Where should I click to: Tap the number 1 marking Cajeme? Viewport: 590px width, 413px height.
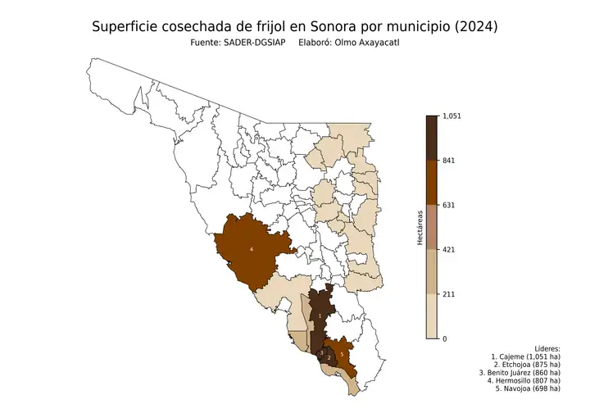pyautogui.click(x=320, y=315)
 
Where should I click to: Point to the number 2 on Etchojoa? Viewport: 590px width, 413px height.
pyautogui.click(x=329, y=357)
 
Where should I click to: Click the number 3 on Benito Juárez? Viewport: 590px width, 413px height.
pyautogui.click(x=321, y=352)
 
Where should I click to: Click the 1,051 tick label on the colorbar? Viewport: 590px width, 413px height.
pyautogui.click(x=452, y=116)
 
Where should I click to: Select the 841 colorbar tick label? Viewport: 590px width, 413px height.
pyautogui.click(x=448, y=161)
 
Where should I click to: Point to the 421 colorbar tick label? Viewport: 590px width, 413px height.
pyautogui.click(x=448, y=249)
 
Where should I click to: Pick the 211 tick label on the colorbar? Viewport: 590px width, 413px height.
pyautogui.click(x=448, y=293)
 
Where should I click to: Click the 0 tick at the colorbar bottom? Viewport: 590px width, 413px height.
pyautogui.click(x=444, y=338)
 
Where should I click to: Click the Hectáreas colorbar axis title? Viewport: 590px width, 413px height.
pyautogui.click(x=420, y=227)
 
